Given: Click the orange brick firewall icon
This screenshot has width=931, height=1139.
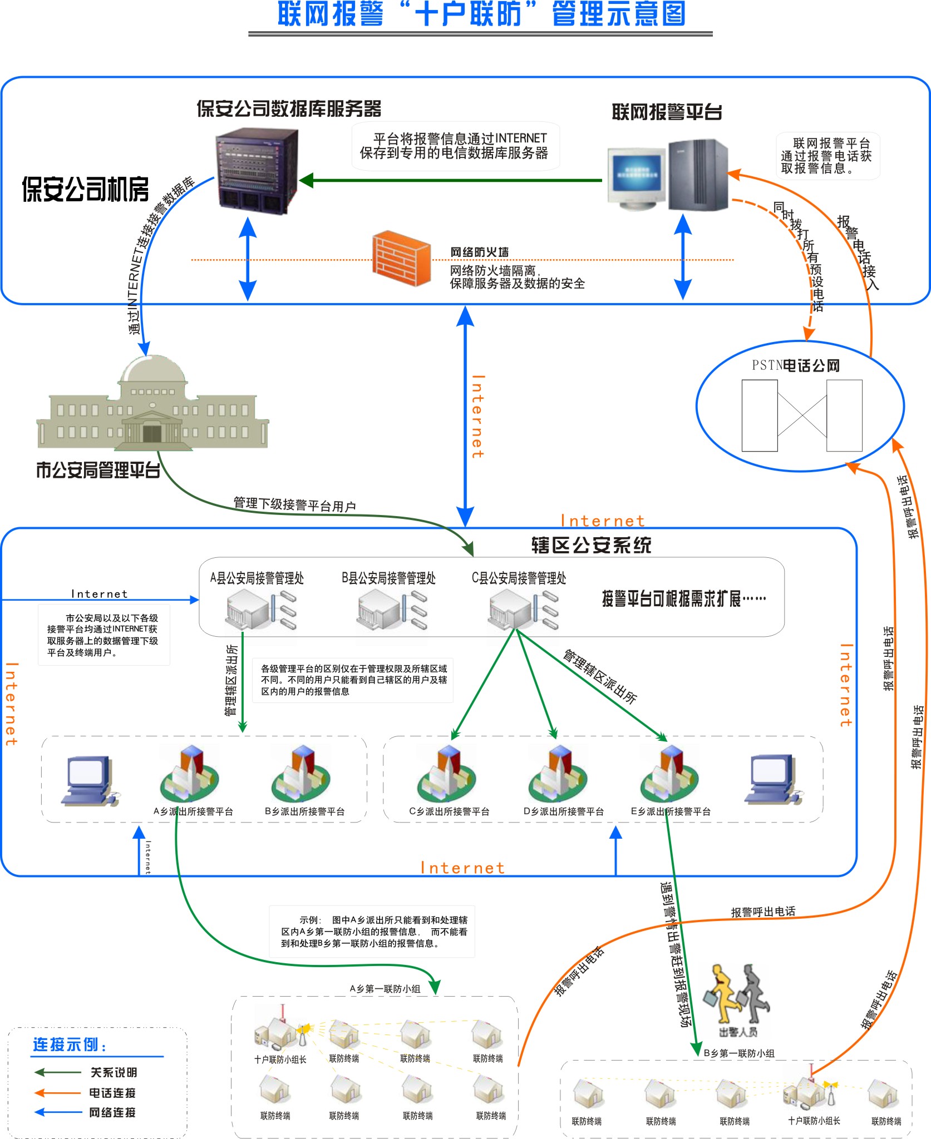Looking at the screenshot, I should click(401, 258).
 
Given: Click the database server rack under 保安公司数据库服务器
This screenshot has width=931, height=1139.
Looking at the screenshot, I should click(257, 170).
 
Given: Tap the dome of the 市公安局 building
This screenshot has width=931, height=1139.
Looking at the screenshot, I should click(152, 369).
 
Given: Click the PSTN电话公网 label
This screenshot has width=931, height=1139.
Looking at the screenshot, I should click(795, 365).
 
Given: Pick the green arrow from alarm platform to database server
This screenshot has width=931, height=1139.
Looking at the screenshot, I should click(451, 180).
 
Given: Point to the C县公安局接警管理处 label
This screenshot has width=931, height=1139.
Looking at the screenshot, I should click(519, 578).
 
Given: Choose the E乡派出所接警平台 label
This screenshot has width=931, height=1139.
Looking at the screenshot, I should click(671, 811).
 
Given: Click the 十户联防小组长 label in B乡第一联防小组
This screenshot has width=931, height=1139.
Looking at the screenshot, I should click(814, 1121).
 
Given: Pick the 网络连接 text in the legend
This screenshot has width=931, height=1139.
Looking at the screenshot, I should click(112, 1112).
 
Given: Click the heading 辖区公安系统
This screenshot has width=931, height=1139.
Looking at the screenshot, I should click(591, 545).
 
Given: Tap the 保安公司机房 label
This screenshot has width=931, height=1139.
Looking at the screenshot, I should click(85, 189).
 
